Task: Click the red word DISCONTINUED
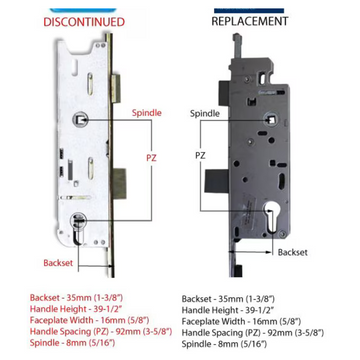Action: tap(84, 22)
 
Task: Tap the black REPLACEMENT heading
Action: tap(250, 21)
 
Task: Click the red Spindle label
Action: tap(147, 113)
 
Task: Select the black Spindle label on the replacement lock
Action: tap(205, 113)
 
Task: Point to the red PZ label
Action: tap(151, 158)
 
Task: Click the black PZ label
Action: tap(201, 155)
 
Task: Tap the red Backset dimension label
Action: tap(58, 263)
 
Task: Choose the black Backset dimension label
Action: tap(293, 252)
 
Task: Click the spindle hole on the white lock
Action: tap(80, 119)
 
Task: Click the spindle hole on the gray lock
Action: tap(271, 119)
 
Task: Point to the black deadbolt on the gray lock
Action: tap(217, 181)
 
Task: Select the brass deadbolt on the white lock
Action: tap(120, 184)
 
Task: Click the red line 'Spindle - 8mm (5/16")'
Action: tap(72, 343)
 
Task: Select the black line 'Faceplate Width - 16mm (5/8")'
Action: tap(241, 322)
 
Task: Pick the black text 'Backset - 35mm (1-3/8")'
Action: tap(228, 299)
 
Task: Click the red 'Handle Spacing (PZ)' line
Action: tap(101, 331)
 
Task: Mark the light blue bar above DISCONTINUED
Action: tap(83, 10)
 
